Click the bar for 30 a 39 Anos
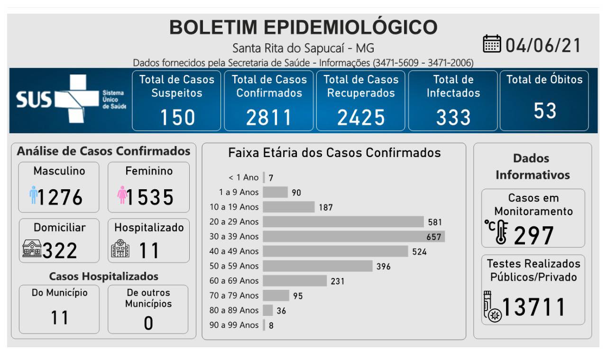point(353,236)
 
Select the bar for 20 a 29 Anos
point(343,222)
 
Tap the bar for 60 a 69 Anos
point(294,281)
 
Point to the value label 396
point(383,267)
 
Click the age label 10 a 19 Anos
point(234,207)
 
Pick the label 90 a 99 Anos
point(234,325)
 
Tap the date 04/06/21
point(543,46)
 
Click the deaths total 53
point(544,111)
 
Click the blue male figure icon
point(33,195)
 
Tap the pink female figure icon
point(122,195)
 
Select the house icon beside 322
point(32,249)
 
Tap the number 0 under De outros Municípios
point(148,323)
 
